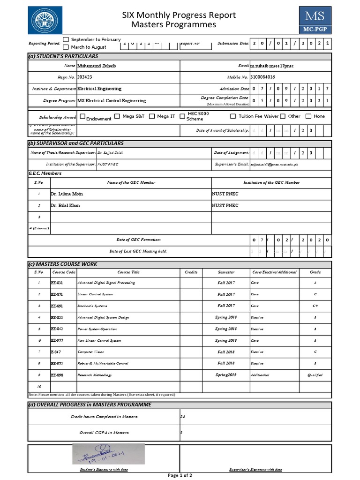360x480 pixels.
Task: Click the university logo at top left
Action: (45, 20)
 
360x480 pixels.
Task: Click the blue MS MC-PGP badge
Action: (315, 20)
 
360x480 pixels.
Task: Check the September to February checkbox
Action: (66, 39)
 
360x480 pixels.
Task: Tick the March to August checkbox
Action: (66, 47)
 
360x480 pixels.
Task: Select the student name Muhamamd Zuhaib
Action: (96, 66)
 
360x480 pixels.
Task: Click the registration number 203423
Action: (85, 77)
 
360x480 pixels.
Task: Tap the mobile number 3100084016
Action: (263, 77)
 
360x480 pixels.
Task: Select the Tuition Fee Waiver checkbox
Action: (233, 116)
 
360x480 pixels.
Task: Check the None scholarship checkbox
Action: (308, 116)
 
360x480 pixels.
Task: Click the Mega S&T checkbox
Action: (117, 116)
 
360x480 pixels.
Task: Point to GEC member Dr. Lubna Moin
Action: (67, 194)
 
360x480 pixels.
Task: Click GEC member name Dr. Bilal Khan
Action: (66, 205)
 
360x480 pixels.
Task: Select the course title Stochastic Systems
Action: (92, 306)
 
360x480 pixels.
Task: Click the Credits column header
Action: (191, 272)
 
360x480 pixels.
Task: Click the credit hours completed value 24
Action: (183, 416)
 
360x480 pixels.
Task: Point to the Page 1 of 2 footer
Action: (180, 475)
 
